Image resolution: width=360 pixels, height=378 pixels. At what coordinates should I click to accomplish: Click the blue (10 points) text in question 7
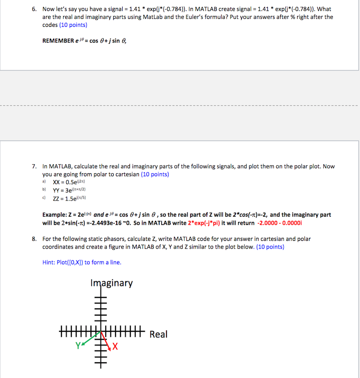(x=155, y=175)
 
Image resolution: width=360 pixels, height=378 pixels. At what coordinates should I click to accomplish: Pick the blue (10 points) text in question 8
(x=270, y=247)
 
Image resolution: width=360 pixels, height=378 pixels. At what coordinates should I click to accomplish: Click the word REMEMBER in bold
(x=59, y=41)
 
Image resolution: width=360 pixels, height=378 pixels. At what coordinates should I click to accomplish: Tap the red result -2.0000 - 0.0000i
(x=280, y=223)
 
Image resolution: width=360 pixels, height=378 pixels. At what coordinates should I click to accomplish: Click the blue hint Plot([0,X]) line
(x=82, y=262)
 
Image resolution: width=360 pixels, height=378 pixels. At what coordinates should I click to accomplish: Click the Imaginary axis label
(x=112, y=283)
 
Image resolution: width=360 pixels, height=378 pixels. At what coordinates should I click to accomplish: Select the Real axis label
(x=159, y=335)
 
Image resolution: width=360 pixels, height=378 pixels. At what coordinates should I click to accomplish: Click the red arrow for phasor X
(x=106, y=341)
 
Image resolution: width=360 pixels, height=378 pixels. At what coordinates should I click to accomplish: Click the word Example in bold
(x=56, y=215)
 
